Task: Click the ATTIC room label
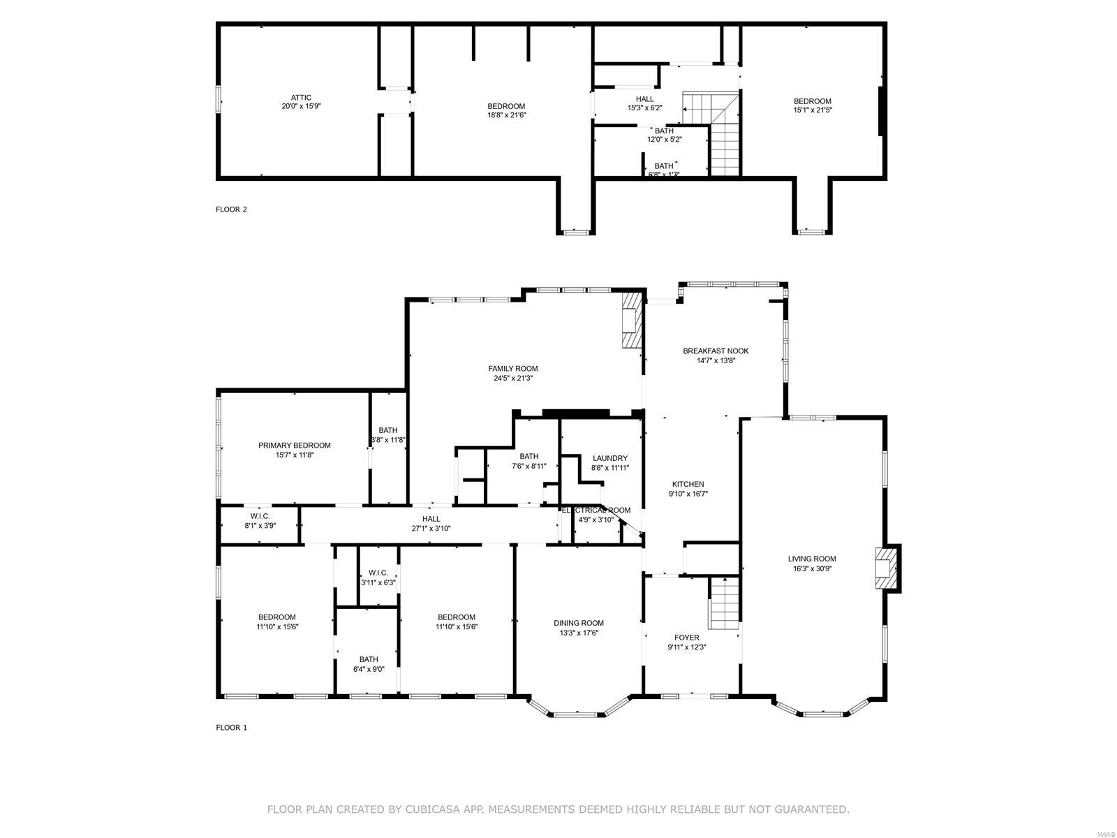(x=301, y=98)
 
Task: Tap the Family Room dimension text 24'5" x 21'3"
(x=512, y=378)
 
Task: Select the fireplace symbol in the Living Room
(x=885, y=567)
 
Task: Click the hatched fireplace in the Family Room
(x=631, y=320)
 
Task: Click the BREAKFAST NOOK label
(x=716, y=351)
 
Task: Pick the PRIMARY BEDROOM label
(x=294, y=446)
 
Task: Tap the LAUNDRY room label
(x=609, y=459)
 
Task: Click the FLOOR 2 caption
(x=231, y=209)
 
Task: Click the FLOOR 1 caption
(x=231, y=727)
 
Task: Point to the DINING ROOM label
(x=578, y=623)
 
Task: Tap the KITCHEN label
(x=688, y=484)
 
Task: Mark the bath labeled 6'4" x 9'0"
(x=369, y=659)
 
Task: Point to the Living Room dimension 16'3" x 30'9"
(x=812, y=568)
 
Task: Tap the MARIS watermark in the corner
(x=1104, y=830)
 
